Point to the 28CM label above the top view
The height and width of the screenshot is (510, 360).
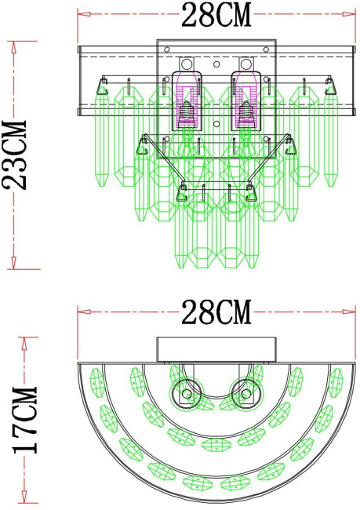coord(216,312)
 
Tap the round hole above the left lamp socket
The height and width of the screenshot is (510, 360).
coord(187,63)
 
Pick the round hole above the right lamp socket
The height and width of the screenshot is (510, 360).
coord(245,63)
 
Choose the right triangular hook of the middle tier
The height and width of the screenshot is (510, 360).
coord(291,146)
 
